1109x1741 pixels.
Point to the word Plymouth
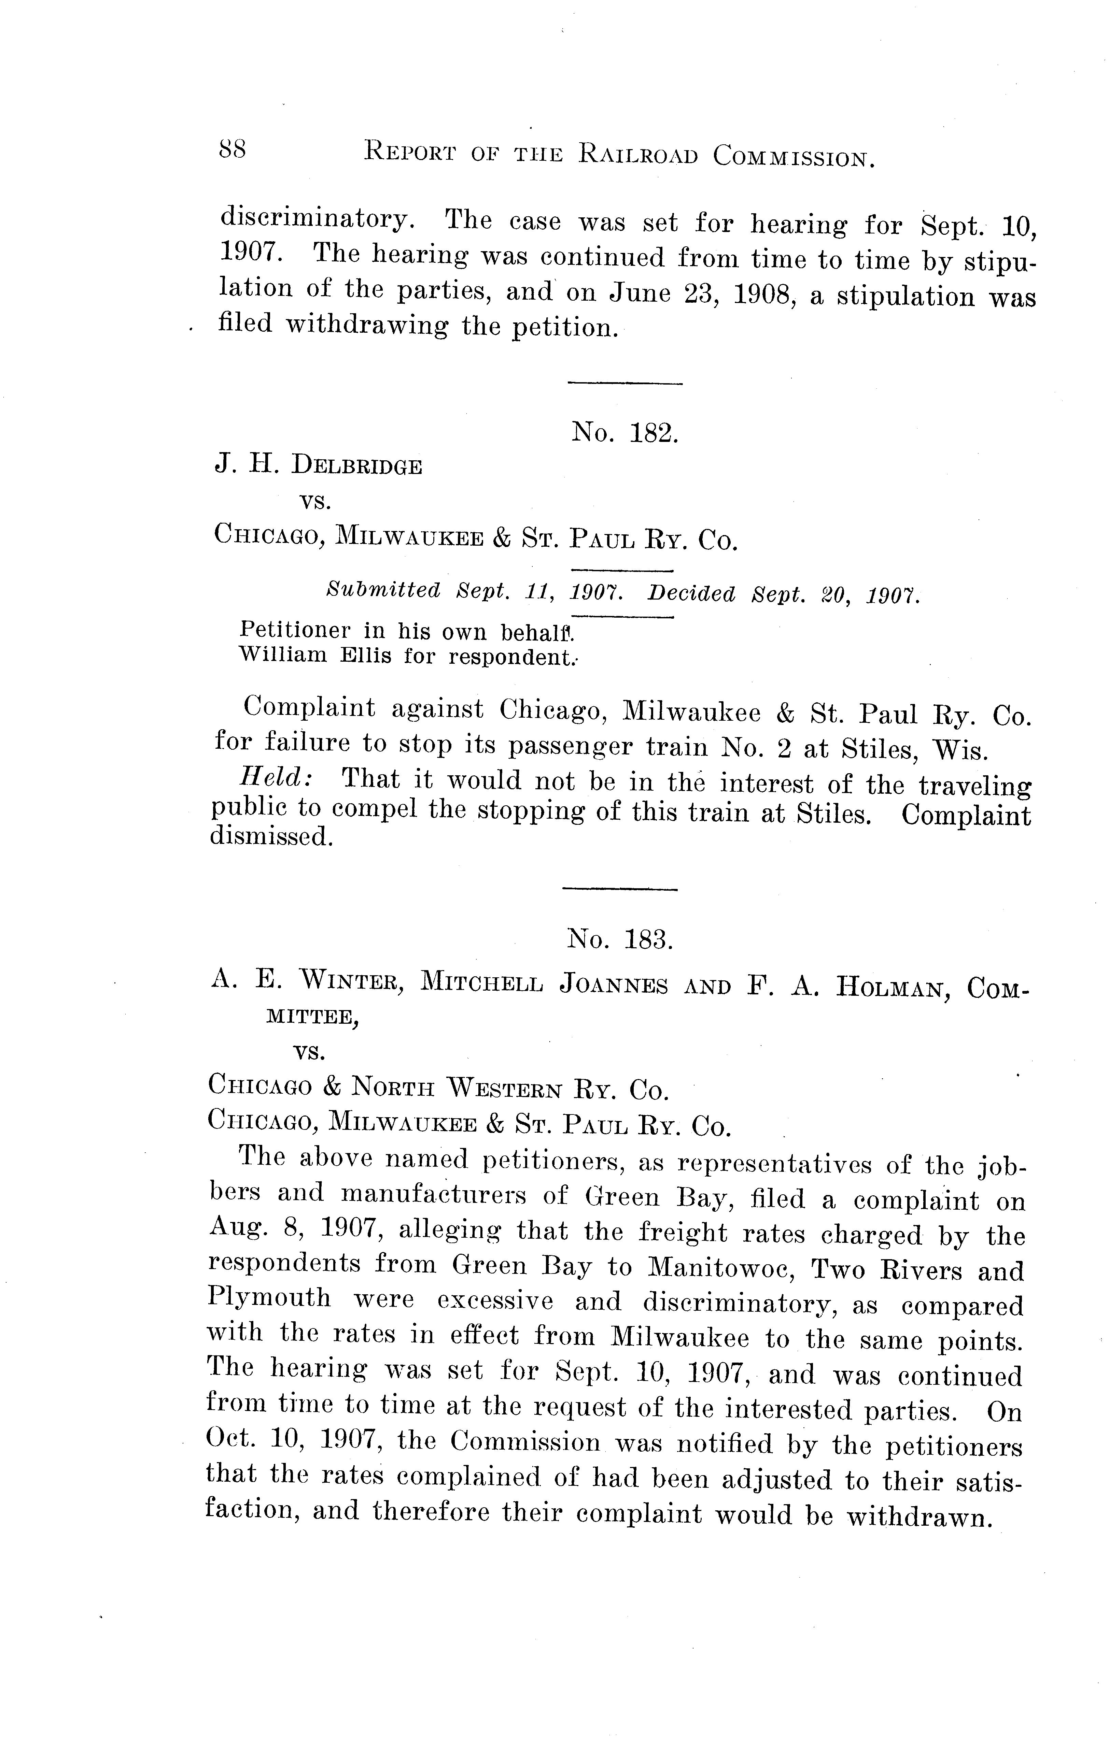(269, 1298)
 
